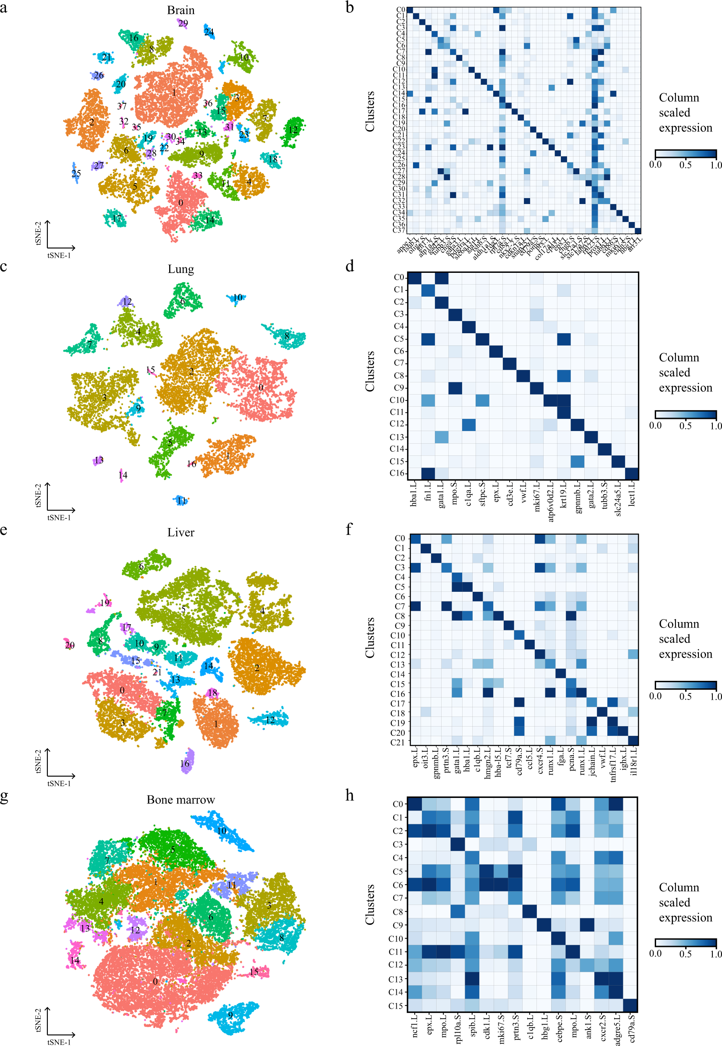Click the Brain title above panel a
(180, 10)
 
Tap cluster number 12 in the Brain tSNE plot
(293, 130)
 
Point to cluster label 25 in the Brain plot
(76, 173)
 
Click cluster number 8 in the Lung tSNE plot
(287, 336)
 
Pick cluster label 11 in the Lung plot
(181, 500)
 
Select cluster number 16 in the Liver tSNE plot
(185, 764)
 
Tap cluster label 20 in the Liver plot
(70, 645)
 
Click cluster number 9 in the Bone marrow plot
(230, 1015)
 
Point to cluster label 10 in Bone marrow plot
(222, 830)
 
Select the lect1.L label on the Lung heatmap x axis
(632, 494)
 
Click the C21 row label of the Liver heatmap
(398, 742)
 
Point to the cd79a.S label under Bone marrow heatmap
(631, 1028)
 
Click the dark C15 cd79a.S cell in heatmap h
(630, 1005)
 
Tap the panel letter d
(350, 266)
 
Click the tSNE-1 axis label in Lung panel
(59, 518)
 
